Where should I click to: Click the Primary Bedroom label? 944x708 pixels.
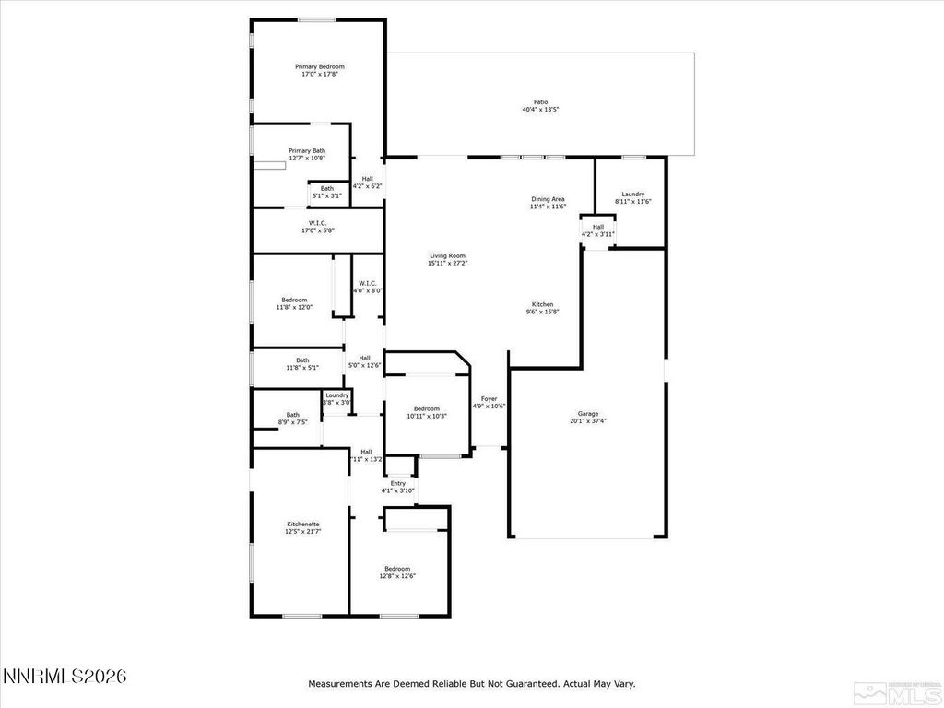point(320,66)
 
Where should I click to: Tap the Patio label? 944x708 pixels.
point(540,102)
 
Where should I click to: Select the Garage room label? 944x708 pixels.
point(588,413)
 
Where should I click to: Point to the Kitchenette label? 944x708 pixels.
point(303,524)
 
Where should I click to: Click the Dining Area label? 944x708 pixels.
point(548,199)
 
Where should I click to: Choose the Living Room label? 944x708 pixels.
point(447,255)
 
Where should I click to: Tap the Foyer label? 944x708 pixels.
point(489,398)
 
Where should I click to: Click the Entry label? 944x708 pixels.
point(398,483)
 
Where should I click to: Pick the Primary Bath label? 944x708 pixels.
point(307,150)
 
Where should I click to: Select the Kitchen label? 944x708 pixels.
point(542,304)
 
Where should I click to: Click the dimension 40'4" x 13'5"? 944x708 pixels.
point(540,110)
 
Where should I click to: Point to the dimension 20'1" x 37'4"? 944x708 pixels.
point(588,420)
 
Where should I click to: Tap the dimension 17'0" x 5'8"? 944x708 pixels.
point(317,230)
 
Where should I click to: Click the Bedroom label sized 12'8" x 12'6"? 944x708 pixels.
point(397,569)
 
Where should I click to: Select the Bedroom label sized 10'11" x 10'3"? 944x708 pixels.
point(427,408)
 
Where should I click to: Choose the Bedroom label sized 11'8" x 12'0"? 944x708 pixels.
point(294,300)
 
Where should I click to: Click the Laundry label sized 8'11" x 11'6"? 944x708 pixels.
point(632,194)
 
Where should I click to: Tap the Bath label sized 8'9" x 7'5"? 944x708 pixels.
point(292,415)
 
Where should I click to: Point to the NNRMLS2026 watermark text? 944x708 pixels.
point(65,677)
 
